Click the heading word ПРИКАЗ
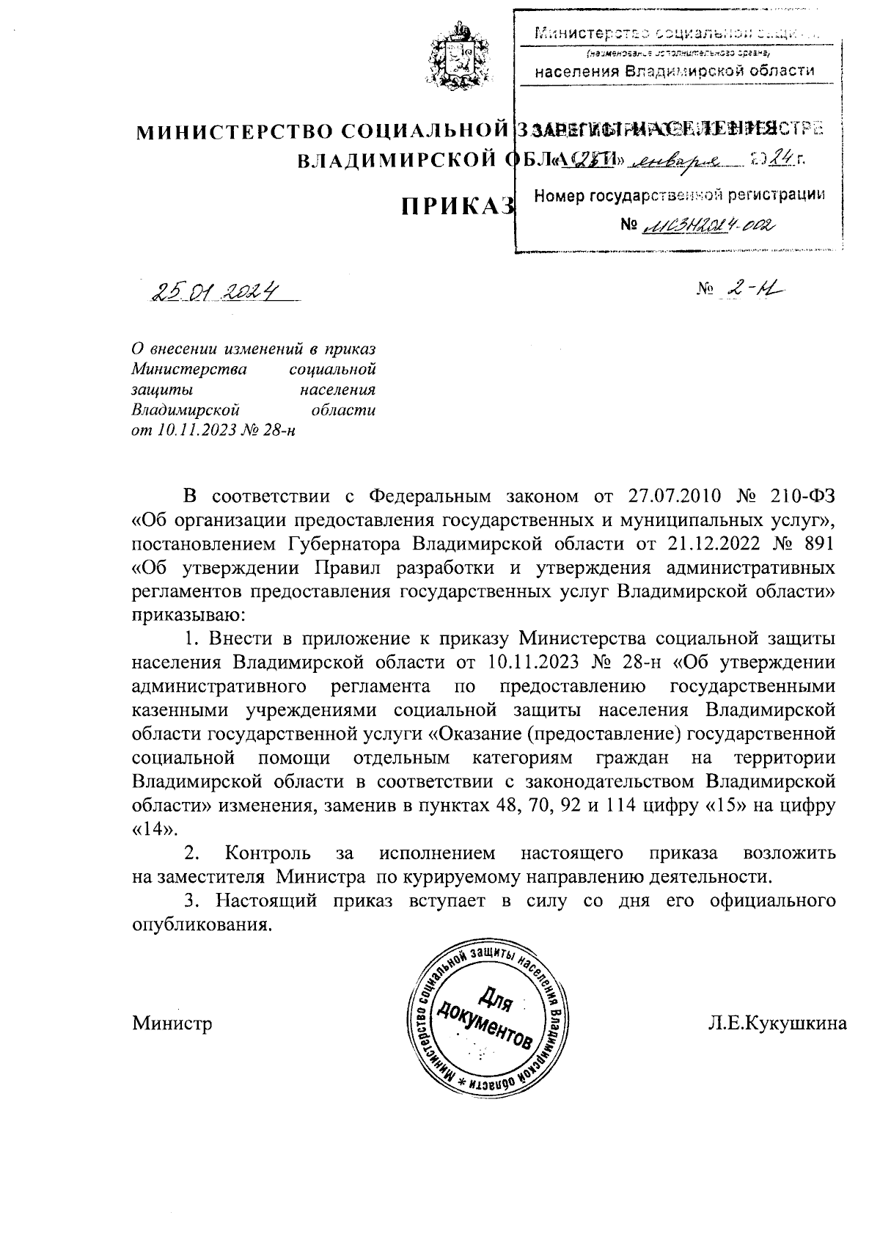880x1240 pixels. [x=455, y=207]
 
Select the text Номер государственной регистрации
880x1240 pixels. [x=678, y=195]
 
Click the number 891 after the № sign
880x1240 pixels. [x=815, y=544]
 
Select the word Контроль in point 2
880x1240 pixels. [x=268, y=853]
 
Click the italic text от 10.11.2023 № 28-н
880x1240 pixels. [x=213, y=430]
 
